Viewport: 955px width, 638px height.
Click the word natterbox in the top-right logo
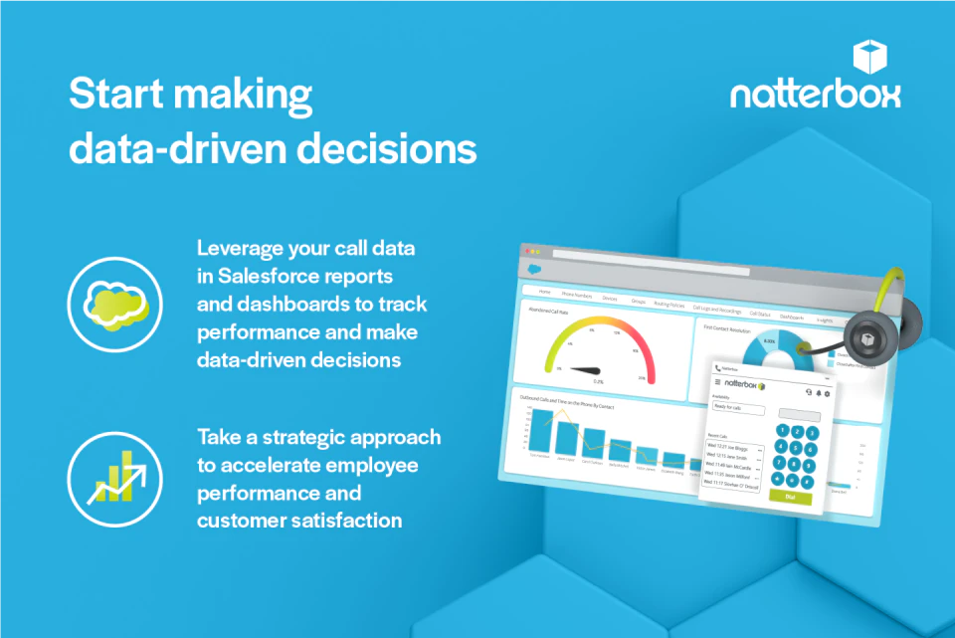click(816, 94)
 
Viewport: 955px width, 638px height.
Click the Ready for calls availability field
click(739, 409)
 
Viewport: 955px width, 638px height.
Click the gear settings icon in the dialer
click(827, 393)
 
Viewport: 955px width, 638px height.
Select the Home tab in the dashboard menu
click(544, 292)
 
